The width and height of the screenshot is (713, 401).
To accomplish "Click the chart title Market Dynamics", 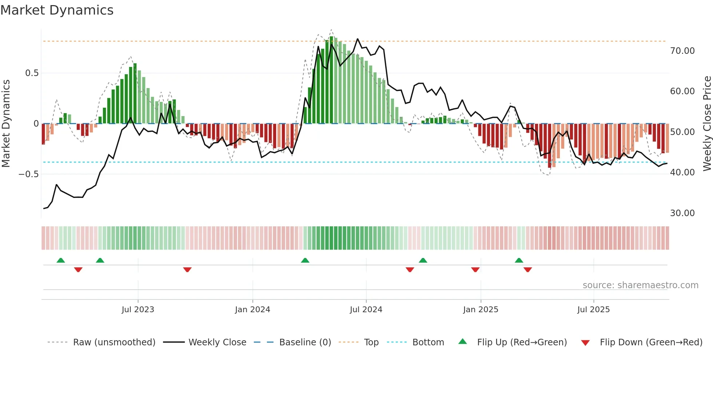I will click(57, 10).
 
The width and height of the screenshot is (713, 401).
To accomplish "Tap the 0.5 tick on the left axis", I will click(32, 73).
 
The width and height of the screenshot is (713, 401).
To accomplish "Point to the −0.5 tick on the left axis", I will click(29, 174).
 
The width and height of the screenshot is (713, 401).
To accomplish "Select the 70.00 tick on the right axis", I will click(682, 51).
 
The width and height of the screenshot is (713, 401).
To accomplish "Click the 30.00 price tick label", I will click(682, 213).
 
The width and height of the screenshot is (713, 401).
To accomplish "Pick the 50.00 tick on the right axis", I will click(682, 132).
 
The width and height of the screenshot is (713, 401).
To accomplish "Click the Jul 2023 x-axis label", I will click(138, 310).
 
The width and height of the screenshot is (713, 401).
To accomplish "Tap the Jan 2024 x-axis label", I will click(252, 310).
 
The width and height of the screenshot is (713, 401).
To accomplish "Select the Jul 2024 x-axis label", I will click(366, 310).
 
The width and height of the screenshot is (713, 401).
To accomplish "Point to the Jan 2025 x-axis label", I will click(481, 310).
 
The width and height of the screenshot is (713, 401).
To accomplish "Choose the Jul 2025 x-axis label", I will click(593, 310).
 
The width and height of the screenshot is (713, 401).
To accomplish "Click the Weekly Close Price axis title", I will click(707, 123).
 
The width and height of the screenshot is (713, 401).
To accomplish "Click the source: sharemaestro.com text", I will click(640, 285).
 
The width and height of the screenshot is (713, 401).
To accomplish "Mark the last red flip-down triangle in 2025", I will click(528, 270).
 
